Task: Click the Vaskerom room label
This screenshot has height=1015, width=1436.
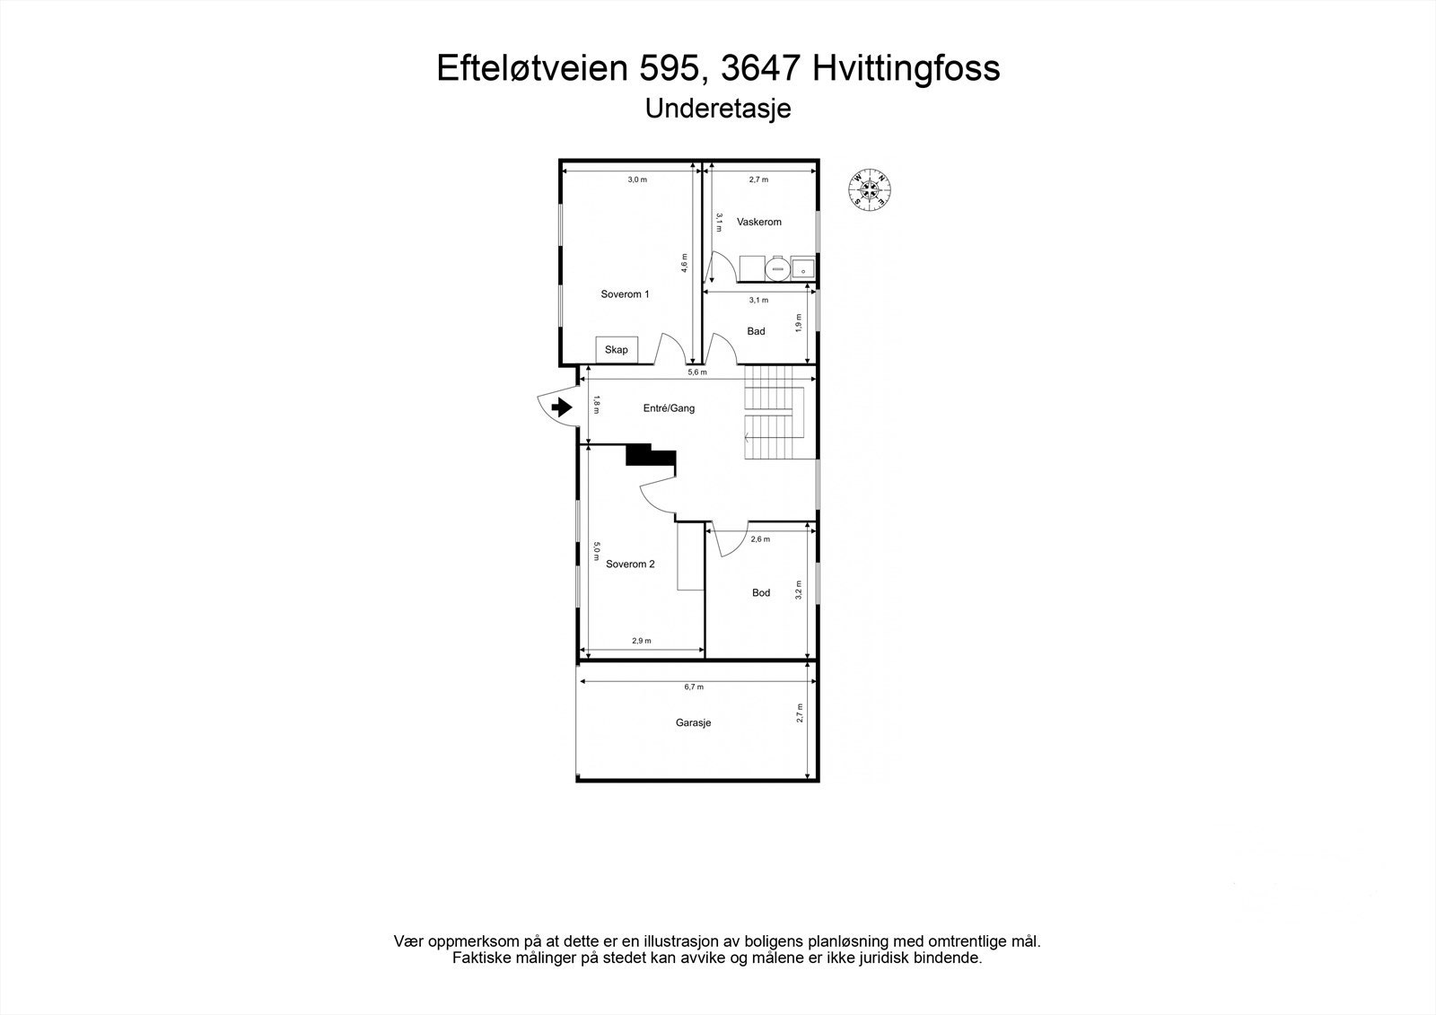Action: click(758, 222)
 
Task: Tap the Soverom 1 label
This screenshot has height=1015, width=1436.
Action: click(625, 294)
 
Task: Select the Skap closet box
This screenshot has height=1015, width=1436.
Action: click(617, 350)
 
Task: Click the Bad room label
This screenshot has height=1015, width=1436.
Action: click(756, 331)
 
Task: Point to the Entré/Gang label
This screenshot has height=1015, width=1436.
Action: click(669, 408)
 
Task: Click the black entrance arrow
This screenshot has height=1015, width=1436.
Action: click(562, 407)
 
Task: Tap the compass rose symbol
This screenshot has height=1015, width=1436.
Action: click(869, 189)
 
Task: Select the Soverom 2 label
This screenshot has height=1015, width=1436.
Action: click(630, 564)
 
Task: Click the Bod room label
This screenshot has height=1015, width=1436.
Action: click(761, 593)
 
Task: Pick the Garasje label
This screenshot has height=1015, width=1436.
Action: click(693, 722)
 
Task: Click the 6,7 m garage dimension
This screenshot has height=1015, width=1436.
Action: click(693, 687)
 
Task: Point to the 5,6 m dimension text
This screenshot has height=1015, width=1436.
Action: click(696, 372)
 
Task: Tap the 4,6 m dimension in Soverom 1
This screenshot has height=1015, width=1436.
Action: click(685, 262)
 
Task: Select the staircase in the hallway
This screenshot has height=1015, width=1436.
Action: click(772, 413)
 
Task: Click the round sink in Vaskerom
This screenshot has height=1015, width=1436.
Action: click(776, 267)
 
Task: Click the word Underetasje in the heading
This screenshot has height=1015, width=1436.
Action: click(718, 109)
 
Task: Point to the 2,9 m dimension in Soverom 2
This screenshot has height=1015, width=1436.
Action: click(641, 641)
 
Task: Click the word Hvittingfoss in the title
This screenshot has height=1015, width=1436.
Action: click(906, 68)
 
